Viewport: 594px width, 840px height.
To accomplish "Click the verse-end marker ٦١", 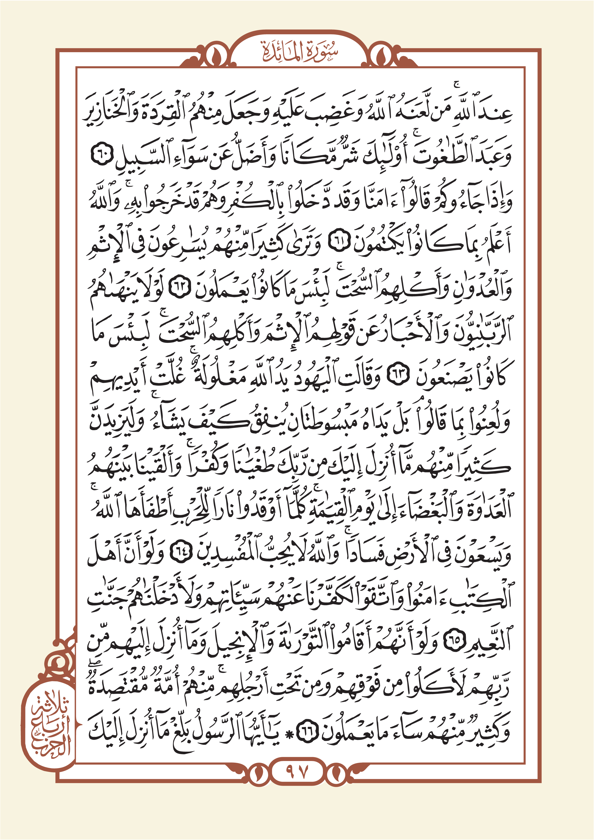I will (x=340, y=243).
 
